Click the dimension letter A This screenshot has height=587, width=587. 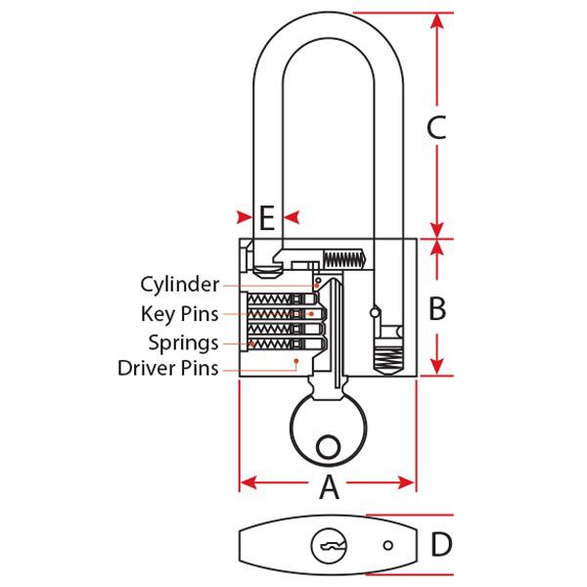click(329, 486)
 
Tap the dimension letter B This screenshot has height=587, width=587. click(437, 308)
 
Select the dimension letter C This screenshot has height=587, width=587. click(436, 127)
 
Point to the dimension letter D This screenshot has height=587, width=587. click(442, 545)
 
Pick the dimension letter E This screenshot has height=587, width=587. click(266, 217)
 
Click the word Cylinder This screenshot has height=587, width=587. click(179, 285)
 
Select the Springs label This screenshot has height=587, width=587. click(183, 342)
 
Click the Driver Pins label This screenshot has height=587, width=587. click(167, 369)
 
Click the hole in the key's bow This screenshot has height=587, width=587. click(330, 446)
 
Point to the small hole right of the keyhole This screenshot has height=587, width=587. click(388, 546)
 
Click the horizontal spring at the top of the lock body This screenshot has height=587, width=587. click(342, 259)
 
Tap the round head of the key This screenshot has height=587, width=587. click(329, 430)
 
